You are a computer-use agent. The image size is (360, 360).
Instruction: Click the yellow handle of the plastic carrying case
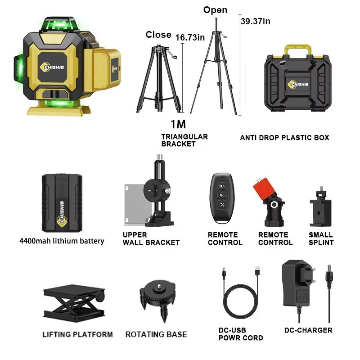tap(298, 48)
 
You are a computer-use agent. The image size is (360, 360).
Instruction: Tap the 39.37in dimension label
tap(256, 21)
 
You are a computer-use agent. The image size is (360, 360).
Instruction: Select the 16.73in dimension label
tap(190, 37)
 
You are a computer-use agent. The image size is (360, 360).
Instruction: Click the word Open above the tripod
tap(216, 10)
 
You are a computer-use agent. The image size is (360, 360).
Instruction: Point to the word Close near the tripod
tap(158, 35)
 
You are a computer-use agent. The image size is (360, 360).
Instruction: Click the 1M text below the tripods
tap(178, 124)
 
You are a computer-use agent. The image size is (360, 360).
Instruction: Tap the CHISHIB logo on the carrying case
tap(298, 84)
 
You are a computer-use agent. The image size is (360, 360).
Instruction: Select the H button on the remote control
tap(222, 186)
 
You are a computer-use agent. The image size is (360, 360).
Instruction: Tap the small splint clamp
tap(320, 207)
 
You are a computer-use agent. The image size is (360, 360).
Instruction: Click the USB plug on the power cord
tap(257, 270)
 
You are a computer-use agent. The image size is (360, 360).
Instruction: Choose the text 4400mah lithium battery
tap(62, 241)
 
